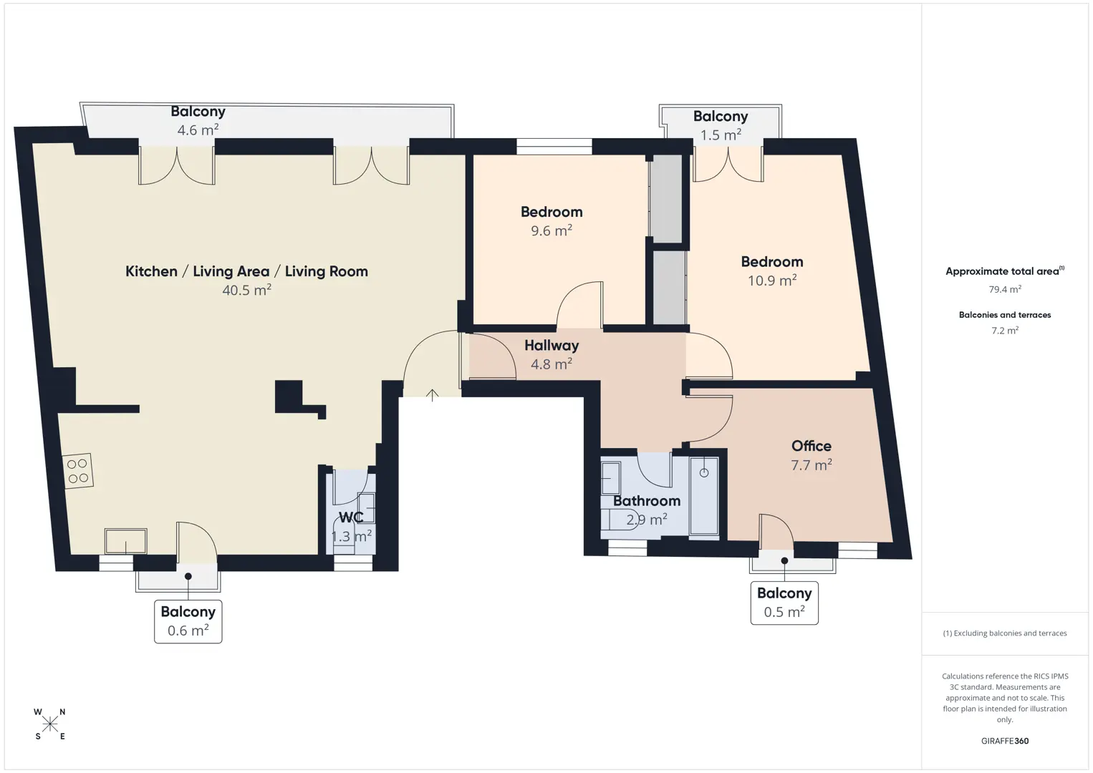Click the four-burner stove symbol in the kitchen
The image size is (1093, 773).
(78, 471)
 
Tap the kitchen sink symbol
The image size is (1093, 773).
(126, 541)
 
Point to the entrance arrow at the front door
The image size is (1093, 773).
(433, 395)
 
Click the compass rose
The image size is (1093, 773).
(49, 724)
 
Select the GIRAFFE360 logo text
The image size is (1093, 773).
(1005, 741)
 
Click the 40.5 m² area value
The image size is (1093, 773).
(247, 290)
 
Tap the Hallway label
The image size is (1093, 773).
(552, 345)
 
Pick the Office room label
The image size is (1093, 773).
(811, 446)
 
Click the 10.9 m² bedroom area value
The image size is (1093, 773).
(772, 280)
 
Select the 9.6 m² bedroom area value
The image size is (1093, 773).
(552, 230)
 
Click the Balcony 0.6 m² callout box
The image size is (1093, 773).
(188, 621)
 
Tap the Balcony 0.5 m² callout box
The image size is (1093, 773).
(784, 603)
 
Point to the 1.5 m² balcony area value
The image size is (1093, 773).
(721, 135)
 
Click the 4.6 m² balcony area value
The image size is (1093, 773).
(198, 130)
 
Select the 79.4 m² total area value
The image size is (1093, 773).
(1005, 289)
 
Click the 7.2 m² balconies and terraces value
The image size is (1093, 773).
(1005, 330)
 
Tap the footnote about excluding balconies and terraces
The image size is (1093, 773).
(1005, 633)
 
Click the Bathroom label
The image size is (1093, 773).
(647, 501)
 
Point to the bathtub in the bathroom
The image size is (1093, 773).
(704, 496)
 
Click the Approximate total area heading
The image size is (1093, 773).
(1005, 271)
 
